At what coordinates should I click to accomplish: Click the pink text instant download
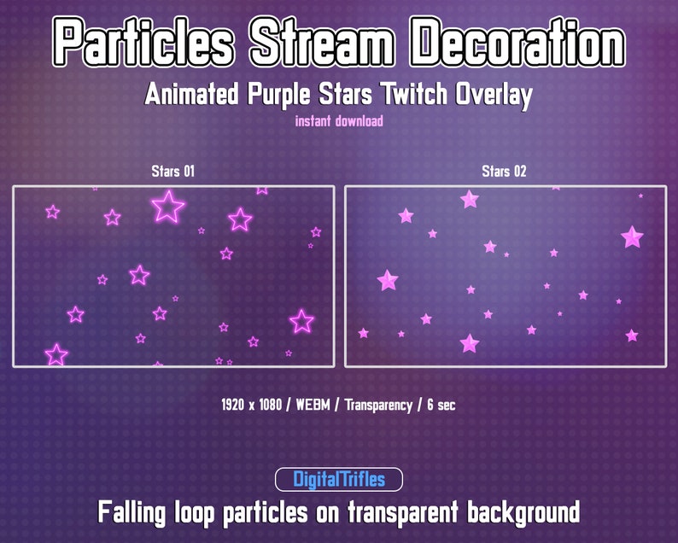(x=339, y=121)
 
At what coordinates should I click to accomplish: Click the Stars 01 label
(x=172, y=172)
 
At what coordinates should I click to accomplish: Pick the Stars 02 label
(x=504, y=172)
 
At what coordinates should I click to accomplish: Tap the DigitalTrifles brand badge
(x=339, y=480)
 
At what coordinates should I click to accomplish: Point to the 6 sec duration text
(x=439, y=405)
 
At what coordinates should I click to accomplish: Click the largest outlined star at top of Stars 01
(x=167, y=206)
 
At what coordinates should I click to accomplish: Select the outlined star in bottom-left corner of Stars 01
(x=56, y=354)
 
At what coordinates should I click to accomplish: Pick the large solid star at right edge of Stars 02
(x=632, y=236)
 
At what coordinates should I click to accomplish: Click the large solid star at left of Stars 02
(x=388, y=280)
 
